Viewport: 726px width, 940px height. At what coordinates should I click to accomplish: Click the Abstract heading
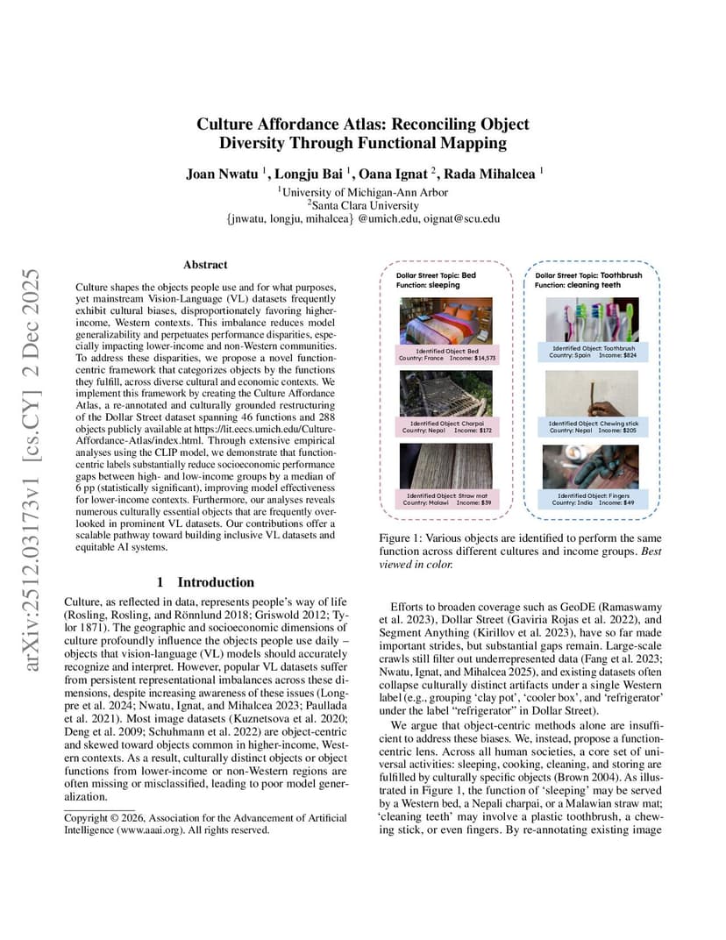(205, 264)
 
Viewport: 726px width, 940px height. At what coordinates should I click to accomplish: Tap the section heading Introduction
(216, 581)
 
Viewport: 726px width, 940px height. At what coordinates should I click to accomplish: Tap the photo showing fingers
(591, 466)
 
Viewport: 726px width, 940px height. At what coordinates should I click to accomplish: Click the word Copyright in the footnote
(88, 817)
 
